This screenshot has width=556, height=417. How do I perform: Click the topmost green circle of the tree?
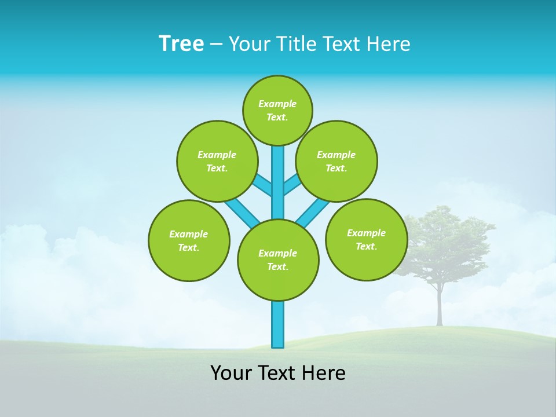pos(277,110)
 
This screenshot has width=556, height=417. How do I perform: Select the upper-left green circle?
pos(217,161)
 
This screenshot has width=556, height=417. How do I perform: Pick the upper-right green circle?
pos(336,161)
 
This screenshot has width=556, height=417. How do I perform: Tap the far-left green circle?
pos(189,240)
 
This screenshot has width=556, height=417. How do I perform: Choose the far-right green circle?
pos(366,239)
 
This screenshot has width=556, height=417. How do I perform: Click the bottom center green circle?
pos(278,259)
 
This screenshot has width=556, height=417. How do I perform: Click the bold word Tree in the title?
pos(181,43)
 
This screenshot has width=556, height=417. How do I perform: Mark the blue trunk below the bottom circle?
pos(278,324)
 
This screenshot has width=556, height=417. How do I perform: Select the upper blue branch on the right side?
pos(292,185)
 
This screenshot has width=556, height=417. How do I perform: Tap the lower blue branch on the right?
pos(313,213)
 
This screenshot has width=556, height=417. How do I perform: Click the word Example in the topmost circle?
pos(277,104)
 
